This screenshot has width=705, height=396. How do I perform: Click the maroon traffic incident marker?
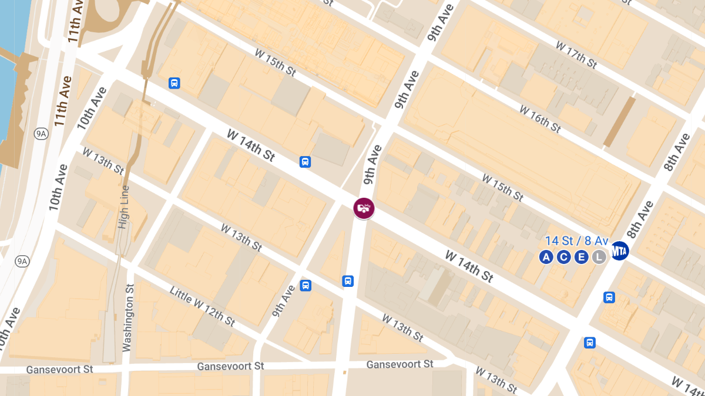(364, 208)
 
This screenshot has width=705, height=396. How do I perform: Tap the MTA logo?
(620, 251)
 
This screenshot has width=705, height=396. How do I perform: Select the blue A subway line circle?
(546, 257)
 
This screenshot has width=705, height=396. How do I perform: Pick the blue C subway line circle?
(564, 257)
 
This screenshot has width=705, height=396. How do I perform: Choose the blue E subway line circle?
(582, 257)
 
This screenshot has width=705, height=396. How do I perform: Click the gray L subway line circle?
(599, 257)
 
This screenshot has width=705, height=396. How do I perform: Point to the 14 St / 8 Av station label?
(577, 241)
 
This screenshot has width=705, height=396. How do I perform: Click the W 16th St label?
(540, 116)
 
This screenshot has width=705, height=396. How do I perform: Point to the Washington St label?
(129, 317)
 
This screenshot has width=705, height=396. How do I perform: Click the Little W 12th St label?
(202, 306)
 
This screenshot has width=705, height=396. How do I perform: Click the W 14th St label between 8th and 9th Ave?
(469, 266)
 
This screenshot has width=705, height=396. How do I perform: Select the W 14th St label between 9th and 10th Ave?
(251, 147)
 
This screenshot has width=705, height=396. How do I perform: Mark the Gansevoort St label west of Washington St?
(60, 370)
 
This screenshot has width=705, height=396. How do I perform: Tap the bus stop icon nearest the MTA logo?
(609, 297)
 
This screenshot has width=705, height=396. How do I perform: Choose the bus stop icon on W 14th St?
(305, 162)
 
